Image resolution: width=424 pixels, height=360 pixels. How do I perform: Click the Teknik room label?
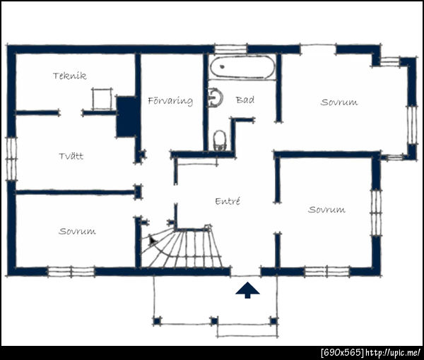coord(70,76)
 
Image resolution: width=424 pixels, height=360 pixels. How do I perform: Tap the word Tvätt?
coord(71,156)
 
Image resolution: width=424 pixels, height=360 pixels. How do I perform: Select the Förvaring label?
coord(170,101)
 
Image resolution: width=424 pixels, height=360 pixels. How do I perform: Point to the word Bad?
coord(245,100)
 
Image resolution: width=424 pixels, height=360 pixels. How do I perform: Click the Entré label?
coord(228,201)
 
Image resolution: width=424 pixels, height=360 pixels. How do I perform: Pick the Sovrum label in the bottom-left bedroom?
coord(77,232)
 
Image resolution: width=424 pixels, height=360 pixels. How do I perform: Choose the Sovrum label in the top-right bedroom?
coord(339,102)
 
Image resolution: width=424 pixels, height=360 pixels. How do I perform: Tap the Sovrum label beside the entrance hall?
coord(326,210)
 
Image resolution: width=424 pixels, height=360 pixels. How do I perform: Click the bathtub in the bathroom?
coord(242,67)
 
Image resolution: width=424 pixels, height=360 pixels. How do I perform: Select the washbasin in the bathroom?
coord(216,97)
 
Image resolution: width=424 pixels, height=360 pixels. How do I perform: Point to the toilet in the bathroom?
coord(220,140)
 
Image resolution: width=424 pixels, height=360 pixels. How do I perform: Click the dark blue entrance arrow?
coord(247,290)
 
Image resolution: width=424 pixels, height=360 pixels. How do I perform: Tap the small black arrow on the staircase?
coord(152,240)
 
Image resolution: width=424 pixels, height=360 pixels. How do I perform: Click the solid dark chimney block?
coord(126,116)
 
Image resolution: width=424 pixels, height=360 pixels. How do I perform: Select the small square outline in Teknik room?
coord(102,99)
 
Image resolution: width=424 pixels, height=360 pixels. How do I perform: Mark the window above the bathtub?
coord(230,49)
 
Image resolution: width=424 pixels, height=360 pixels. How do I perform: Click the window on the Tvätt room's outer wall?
coord(11,159)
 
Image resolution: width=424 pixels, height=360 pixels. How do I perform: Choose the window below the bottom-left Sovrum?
coord(71,272)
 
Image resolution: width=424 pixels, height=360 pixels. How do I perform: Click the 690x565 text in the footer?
coord(342,352)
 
